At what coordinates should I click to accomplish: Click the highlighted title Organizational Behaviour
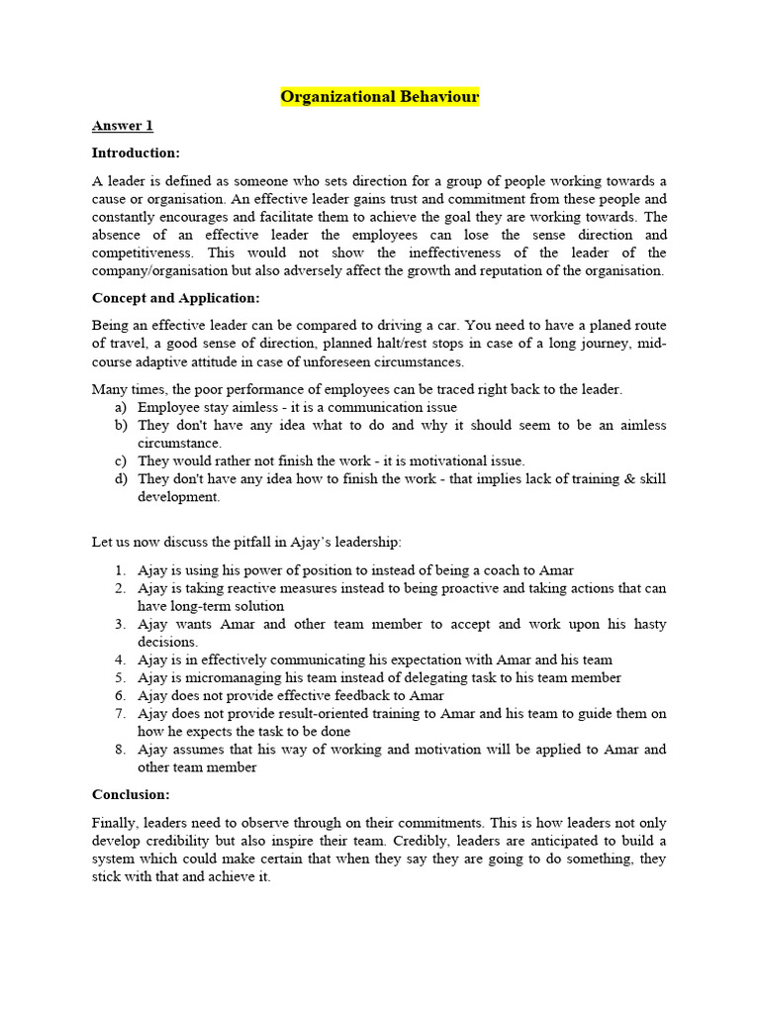[x=380, y=97]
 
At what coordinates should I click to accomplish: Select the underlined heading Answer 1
[x=122, y=126]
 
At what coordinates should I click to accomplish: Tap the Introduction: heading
[x=136, y=152]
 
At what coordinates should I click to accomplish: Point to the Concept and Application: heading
[x=175, y=298]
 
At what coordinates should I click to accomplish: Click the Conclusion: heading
[x=131, y=794]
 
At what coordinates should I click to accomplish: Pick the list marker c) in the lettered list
[x=120, y=460]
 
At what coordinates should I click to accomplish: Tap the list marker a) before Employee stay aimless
[x=120, y=407]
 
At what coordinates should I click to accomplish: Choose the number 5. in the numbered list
[x=120, y=678]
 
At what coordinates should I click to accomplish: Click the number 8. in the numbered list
[x=120, y=750]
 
